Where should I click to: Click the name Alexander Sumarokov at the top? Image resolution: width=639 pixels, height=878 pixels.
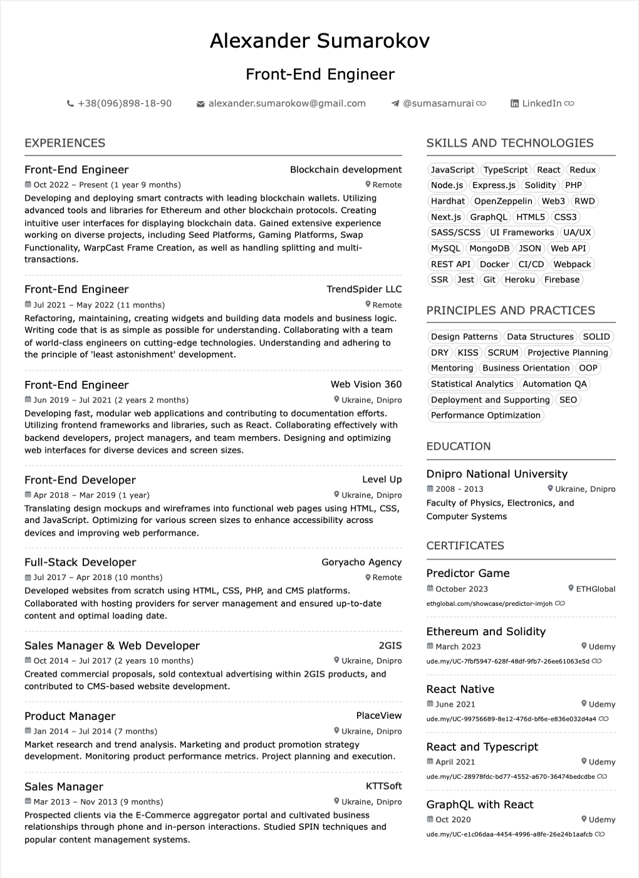tap(319, 41)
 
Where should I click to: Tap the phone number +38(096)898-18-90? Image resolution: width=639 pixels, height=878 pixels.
tap(124, 103)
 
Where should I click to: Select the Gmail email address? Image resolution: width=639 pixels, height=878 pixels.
tap(287, 103)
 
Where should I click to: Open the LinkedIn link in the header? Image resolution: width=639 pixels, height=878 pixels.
tap(542, 103)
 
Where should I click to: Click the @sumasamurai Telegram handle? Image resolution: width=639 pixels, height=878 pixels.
tap(438, 103)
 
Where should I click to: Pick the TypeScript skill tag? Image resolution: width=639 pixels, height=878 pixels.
tap(506, 170)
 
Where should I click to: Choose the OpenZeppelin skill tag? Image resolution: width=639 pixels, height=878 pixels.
tap(503, 201)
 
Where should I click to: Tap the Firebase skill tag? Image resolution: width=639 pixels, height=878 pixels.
tap(562, 280)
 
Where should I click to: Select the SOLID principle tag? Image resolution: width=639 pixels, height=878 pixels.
tap(596, 337)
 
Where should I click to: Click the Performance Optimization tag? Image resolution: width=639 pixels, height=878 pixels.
tap(486, 415)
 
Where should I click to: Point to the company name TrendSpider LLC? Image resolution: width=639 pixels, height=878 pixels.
tap(364, 289)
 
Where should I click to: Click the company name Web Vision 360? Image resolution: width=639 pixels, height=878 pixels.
tap(366, 384)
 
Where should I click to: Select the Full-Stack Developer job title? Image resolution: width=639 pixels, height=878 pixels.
tap(80, 563)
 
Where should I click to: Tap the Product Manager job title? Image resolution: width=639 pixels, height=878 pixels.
tap(70, 716)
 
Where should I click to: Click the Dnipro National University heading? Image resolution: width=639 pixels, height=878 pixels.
tap(497, 474)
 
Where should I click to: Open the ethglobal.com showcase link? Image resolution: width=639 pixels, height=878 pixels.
tap(489, 603)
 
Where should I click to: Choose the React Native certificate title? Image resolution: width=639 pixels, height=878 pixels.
tap(460, 689)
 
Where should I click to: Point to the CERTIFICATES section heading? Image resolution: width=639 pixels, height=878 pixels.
tap(465, 546)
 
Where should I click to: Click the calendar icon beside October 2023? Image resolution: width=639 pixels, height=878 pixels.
tap(430, 588)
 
